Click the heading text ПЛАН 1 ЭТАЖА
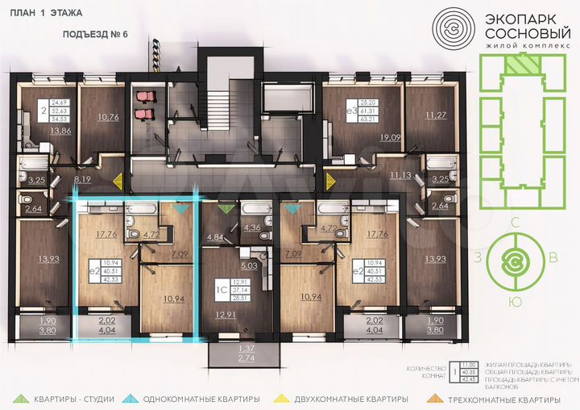point(40,13)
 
